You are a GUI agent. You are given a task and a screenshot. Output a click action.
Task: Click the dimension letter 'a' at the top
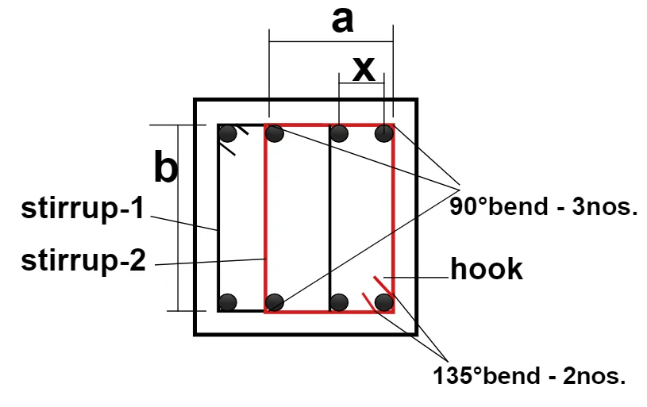(x=342, y=21)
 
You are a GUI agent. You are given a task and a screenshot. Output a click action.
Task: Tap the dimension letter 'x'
(x=364, y=68)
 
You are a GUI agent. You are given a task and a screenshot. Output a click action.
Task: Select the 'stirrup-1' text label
(x=83, y=208)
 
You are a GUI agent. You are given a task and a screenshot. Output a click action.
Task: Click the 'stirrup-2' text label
(x=83, y=260)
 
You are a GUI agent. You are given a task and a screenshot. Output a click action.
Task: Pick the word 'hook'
(x=487, y=269)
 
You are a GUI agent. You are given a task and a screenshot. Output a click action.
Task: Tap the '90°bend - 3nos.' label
(x=544, y=206)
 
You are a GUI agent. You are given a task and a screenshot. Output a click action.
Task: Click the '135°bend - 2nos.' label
(x=529, y=375)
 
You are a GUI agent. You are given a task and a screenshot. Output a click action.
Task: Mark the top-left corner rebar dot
(x=227, y=133)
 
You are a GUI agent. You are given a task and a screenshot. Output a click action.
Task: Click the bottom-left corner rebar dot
(x=227, y=302)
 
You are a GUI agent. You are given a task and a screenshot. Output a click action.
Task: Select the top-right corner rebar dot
(x=384, y=133)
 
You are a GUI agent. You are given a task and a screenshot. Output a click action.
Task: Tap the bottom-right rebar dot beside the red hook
(x=384, y=302)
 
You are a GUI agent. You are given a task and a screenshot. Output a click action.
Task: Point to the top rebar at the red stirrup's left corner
(x=275, y=133)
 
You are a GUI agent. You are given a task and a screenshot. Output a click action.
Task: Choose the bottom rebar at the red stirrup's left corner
(x=275, y=302)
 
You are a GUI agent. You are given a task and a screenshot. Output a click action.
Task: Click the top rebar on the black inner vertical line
(x=339, y=133)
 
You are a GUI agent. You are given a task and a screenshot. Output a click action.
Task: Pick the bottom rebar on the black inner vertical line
(x=339, y=302)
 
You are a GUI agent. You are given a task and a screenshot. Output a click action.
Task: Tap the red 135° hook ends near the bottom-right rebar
(x=378, y=294)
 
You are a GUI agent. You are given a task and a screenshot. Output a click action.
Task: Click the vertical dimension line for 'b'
(x=179, y=217)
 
